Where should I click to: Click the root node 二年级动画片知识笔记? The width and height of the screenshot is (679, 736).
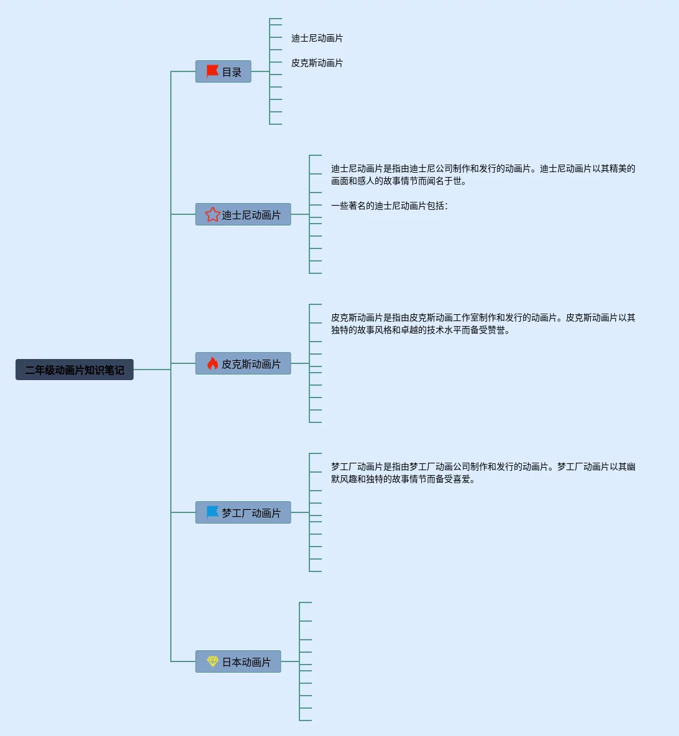click(x=75, y=370)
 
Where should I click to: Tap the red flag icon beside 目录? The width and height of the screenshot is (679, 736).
click(x=212, y=71)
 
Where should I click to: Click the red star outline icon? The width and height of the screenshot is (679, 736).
click(x=212, y=214)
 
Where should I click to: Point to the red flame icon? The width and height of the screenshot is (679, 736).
click(x=212, y=363)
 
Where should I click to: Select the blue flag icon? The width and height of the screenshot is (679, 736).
click(x=212, y=512)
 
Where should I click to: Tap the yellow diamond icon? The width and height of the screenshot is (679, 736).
click(x=212, y=661)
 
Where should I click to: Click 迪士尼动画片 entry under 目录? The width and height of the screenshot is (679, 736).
click(x=317, y=38)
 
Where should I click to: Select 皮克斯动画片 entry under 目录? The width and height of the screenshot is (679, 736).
click(x=317, y=63)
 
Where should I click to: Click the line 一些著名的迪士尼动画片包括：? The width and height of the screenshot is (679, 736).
click(x=389, y=206)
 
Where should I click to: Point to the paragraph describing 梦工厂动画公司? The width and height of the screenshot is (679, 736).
click(x=483, y=473)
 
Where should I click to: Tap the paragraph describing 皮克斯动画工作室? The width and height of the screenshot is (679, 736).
click(x=483, y=324)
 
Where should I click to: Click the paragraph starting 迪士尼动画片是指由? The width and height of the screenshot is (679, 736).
click(x=483, y=175)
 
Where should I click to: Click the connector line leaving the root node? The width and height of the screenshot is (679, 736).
click(x=152, y=370)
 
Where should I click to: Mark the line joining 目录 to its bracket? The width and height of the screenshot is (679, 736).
click(x=260, y=71)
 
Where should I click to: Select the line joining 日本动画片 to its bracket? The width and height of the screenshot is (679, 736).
click(x=290, y=661)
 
